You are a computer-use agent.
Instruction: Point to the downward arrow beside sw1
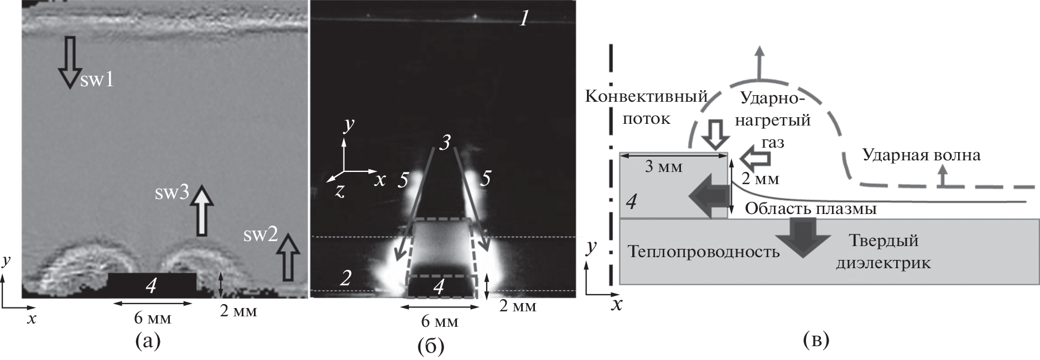pyautogui.click(x=69, y=62)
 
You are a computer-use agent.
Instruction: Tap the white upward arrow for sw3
pyautogui.click(x=203, y=211)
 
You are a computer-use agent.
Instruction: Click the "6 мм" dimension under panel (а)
pyautogui.click(x=153, y=319)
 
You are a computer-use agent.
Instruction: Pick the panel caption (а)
pyautogui.click(x=148, y=342)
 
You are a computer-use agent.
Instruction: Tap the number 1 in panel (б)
pyautogui.click(x=524, y=20)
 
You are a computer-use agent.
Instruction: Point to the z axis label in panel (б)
pyautogui.click(x=340, y=191)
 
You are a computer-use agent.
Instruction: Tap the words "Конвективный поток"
pyautogui.click(x=647, y=108)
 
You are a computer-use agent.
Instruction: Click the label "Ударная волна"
pyautogui.click(x=921, y=155)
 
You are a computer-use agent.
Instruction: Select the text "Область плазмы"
pyautogui.click(x=811, y=208)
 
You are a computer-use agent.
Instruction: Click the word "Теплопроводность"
pyautogui.click(x=704, y=252)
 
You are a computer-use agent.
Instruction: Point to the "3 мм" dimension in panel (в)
pyautogui.click(x=664, y=166)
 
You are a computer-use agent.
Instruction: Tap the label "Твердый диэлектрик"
pyautogui.click(x=883, y=252)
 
